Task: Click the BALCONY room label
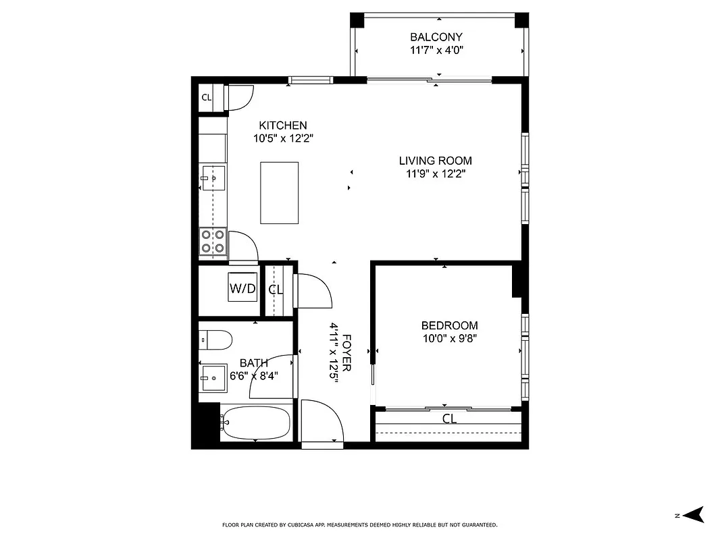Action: pyautogui.click(x=436, y=37)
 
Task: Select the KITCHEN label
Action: pyautogui.click(x=283, y=126)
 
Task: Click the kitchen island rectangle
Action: pyautogui.click(x=280, y=193)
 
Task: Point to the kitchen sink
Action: pyautogui.click(x=213, y=178)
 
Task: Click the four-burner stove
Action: pyautogui.click(x=212, y=242)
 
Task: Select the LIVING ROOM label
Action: pyautogui.click(x=435, y=161)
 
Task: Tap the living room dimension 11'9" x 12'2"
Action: pyautogui.click(x=435, y=173)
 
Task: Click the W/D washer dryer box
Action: pyautogui.click(x=242, y=289)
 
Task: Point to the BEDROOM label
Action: pyautogui.click(x=449, y=325)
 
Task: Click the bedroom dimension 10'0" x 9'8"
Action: pyautogui.click(x=449, y=338)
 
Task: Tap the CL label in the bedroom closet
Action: pyautogui.click(x=449, y=419)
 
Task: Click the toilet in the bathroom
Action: pyautogui.click(x=216, y=339)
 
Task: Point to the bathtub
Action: pyautogui.click(x=257, y=423)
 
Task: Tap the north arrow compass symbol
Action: pyautogui.click(x=693, y=515)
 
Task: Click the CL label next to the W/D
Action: pyautogui.click(x=276, y=290)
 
